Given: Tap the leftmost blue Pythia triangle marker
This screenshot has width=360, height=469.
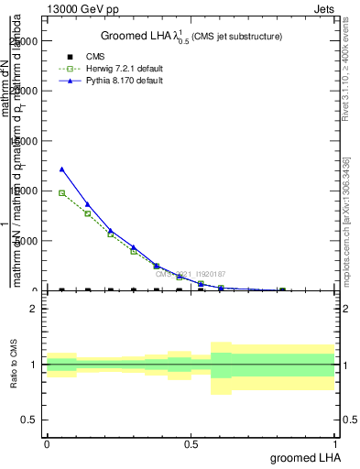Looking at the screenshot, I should [x=61, y=169].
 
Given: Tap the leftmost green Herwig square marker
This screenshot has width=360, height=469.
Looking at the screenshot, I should [x=61, y=193].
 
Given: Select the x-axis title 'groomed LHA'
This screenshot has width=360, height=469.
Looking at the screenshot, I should [x=302, y=457].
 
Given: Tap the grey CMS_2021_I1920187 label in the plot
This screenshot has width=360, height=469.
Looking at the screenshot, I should [x=189, y=274].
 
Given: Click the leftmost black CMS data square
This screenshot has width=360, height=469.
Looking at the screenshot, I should [x=61, y=289].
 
